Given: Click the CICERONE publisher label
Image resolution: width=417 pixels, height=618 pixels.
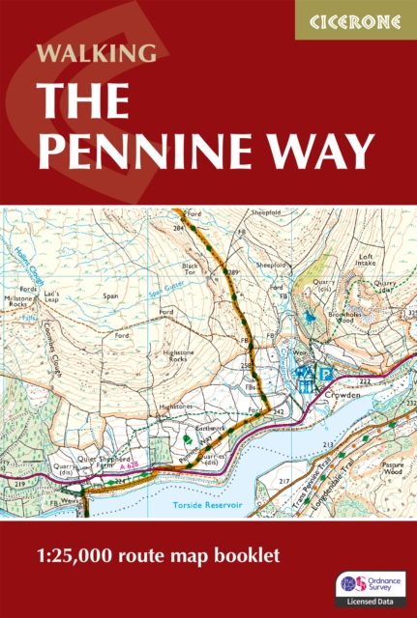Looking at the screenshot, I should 355,19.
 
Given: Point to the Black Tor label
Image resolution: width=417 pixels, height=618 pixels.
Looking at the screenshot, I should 190,267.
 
